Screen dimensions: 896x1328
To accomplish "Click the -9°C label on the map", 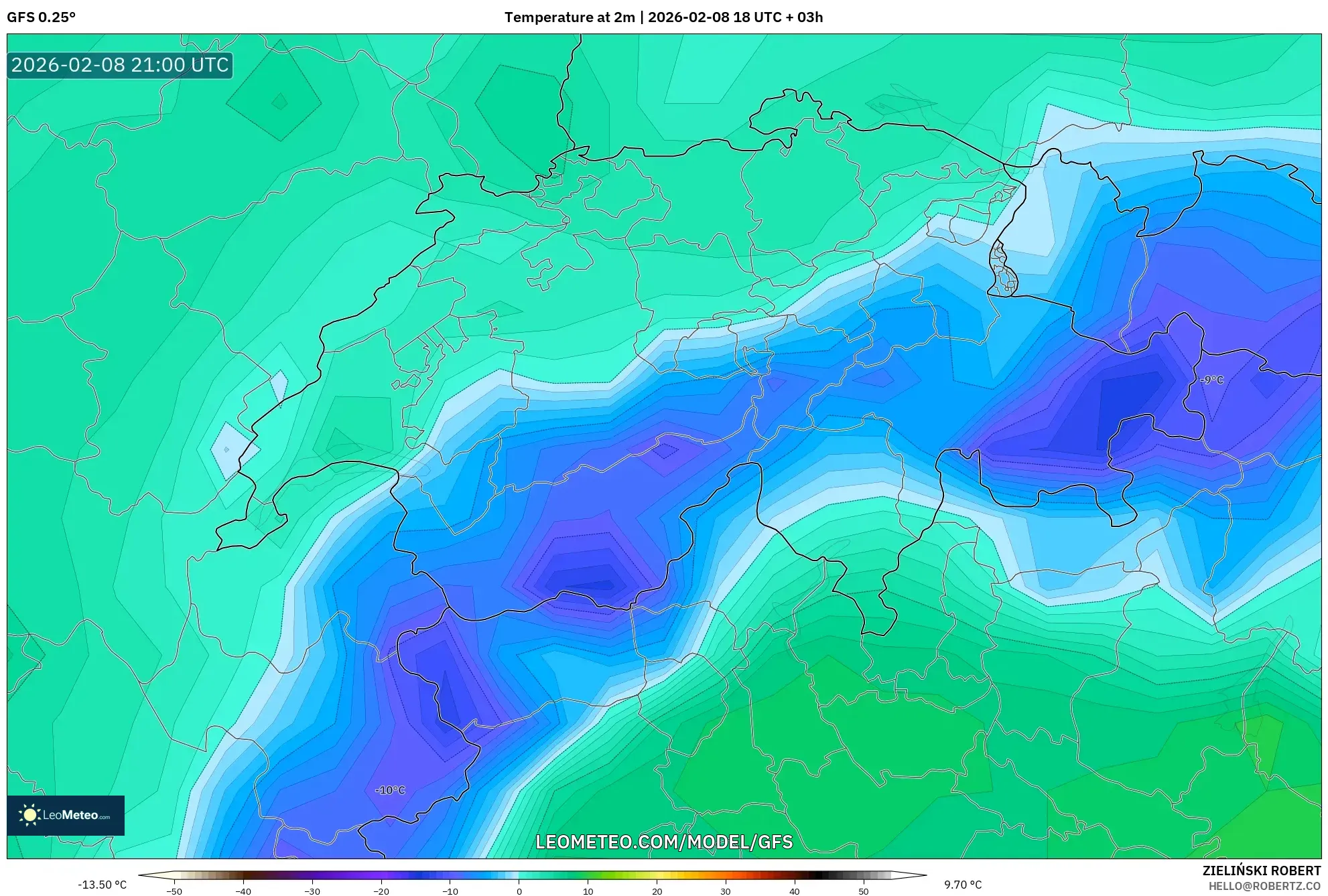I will (1211, 380).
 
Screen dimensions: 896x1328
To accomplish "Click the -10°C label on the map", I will (390, 790).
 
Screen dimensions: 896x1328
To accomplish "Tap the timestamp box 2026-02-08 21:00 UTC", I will (120, 65).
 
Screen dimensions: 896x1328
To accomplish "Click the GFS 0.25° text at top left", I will (41, 17).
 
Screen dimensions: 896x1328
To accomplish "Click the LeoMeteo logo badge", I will (66, 815).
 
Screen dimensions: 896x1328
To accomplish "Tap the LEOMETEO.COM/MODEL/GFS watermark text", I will (664, 842).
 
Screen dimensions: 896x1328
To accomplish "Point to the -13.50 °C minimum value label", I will (102, 885).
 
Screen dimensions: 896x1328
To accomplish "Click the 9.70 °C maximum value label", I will (963, 885).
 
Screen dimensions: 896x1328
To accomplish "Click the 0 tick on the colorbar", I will (519, 891).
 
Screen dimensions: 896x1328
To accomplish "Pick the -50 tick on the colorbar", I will (174, 891).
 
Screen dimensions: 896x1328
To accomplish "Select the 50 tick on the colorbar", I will (863, 891).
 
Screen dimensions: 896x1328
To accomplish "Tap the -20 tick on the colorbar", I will (381, 891).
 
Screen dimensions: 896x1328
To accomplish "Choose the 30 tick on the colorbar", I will (726, 891).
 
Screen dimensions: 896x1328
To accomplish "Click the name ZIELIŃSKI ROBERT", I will (1261, 871).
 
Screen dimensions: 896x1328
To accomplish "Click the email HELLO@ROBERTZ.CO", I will (1264, 886).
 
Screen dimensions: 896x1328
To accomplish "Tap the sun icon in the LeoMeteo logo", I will (29, 815).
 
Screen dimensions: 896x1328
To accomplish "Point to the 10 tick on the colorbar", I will (588, 891).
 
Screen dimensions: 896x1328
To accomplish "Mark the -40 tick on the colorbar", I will (243, 891).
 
